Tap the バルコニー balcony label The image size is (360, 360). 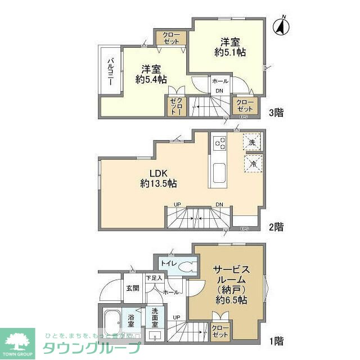coord(111,71)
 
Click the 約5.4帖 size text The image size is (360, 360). coord(151,80)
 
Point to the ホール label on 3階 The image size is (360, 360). coord(220,81)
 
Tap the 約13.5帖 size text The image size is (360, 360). coord(159,183)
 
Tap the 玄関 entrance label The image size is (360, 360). coord(132,288)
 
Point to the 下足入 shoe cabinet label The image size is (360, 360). coord(154,278)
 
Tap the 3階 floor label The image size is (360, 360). coord(276,112)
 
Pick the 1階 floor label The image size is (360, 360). coord(276,340)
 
